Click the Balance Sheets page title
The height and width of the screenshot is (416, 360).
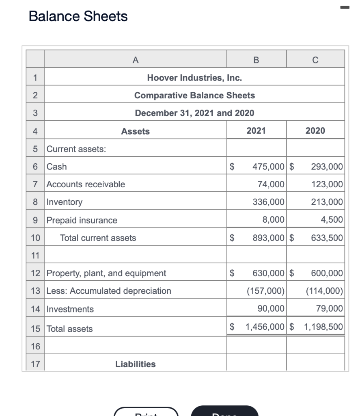[78, 17]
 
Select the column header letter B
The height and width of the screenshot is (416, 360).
[256, 60]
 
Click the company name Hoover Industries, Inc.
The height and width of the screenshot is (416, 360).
[194, 78]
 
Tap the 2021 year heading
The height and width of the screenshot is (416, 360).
[256, 130]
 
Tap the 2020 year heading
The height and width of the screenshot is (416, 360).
[315, 130]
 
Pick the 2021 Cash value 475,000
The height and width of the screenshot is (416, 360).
[268, 167]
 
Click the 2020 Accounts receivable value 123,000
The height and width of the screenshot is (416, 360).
[327, 184]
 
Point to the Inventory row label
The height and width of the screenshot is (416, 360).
[65, 202]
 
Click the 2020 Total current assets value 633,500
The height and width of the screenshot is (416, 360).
[327, 238]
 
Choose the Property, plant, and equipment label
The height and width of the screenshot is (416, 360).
[106, 273]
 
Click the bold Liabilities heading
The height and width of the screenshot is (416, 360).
[135, 364]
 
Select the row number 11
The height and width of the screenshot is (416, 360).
[35, 256]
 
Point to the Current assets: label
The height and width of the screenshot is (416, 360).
[76, 149]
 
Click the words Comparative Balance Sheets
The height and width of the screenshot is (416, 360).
[194, 95]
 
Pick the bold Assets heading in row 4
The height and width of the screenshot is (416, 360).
[135, 131]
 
